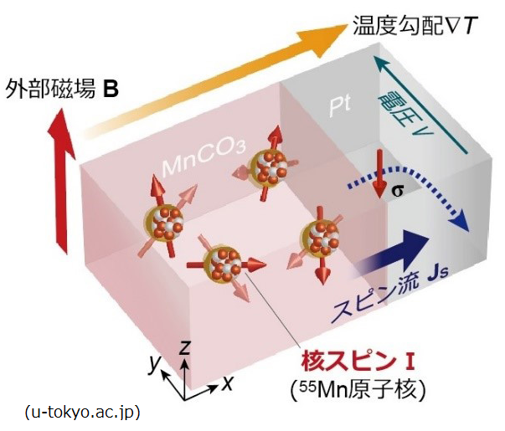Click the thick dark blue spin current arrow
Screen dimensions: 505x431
point(394,252)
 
